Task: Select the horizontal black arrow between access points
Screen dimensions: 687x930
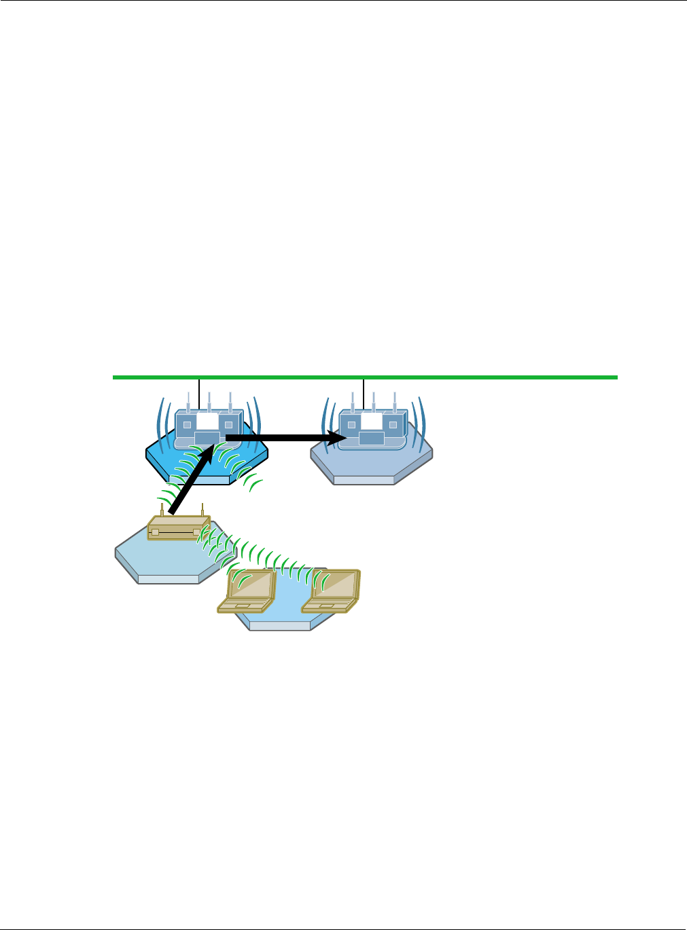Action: pyautogui.click(x=279, y=438)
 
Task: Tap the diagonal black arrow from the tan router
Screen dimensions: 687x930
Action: pyautogui.click(x=187, y=482)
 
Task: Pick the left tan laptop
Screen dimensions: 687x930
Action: pyautogui.click(x=249, y=591)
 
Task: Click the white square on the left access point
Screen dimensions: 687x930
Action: pyautogui.click(x=207, y=421)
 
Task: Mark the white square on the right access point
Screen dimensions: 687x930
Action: pyautogui.click(x=372, y=421)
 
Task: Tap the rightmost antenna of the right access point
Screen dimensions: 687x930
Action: pyautogui.click(x=395, y=401)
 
